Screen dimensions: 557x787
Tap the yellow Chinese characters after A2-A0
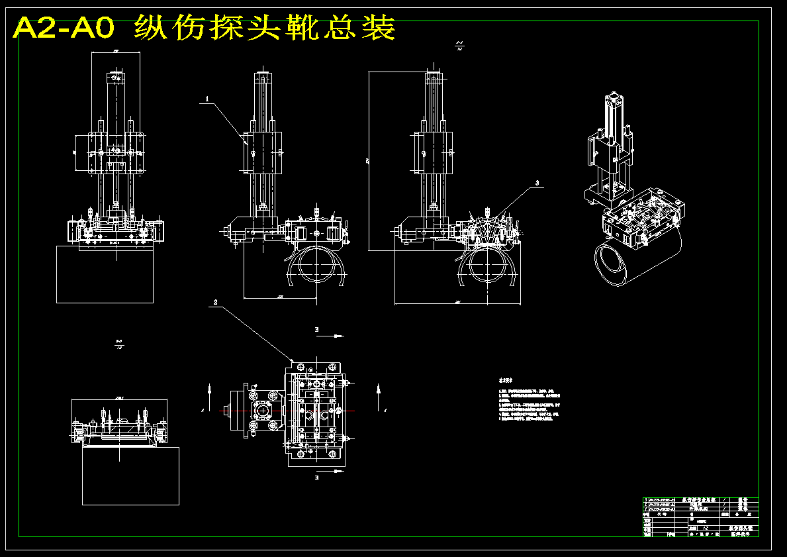(265, 28)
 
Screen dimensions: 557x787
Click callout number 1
(207, 99)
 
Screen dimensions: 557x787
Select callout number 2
(215, 302)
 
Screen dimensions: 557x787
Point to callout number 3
(537, 182)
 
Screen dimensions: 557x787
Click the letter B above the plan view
(316, 329)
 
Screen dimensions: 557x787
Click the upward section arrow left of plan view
(209, 391)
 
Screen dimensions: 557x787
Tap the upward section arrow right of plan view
(377, 391)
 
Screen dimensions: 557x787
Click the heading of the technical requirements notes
(506, 381)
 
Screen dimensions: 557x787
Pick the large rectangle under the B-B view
(130, 476)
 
